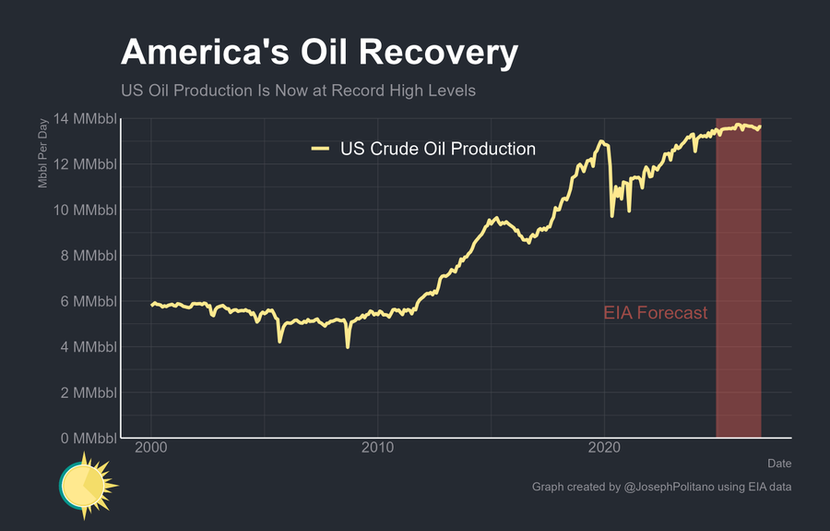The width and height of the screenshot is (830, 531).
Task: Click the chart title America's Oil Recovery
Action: coord(319,53)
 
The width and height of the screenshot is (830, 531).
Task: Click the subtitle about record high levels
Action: coord(298,91)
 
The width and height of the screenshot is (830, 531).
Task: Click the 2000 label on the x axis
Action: coord(151,448)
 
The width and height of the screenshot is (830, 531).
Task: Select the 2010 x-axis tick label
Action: coord(378,448)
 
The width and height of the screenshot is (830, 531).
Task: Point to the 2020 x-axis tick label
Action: coord(604,448)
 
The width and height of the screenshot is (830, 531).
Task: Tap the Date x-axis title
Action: coord(778,464)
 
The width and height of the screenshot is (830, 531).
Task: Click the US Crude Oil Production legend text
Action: coord(438,149)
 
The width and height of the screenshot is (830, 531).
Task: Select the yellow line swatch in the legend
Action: coord(320,149)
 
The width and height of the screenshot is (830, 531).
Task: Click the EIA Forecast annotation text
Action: coord(656,313)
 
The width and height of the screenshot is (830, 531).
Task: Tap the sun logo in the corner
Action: coord(88,484)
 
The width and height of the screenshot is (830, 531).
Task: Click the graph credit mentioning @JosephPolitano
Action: coord(661,487)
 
